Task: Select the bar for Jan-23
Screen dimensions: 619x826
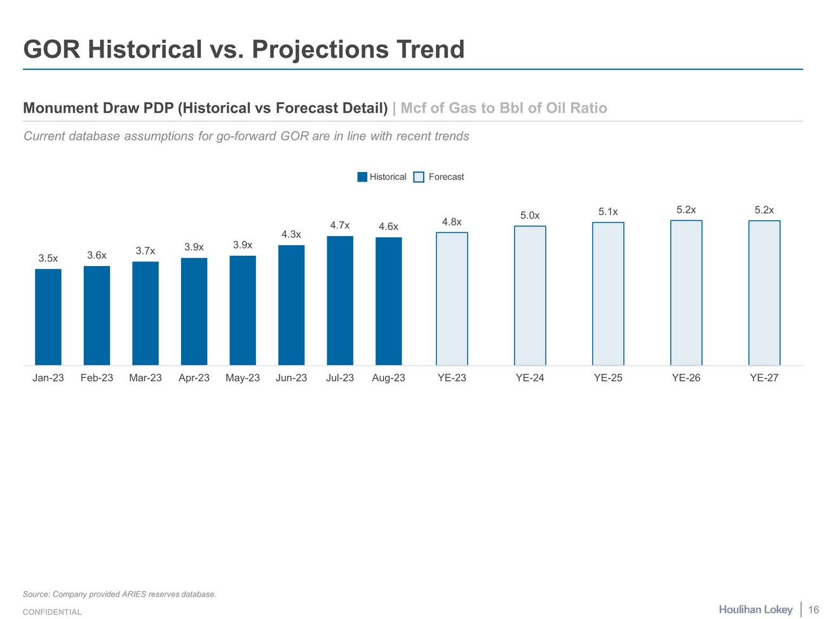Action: (x=48, y=317)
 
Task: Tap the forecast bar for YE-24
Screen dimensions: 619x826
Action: (x=530, y=295)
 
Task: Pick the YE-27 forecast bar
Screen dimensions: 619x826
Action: (x=764, y=293)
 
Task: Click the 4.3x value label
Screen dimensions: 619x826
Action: (x=291, y=234)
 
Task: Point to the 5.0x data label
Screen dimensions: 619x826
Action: (x=530, y=215)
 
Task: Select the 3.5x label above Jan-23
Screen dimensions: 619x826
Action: (x=48, y=258)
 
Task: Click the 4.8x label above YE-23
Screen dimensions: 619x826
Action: (x=452, y=222)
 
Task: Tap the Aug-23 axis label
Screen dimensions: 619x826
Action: (x=388, y=378)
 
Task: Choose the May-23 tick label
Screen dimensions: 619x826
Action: (x=243, y=378)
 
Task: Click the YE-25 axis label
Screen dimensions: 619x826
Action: (x=608, y=378)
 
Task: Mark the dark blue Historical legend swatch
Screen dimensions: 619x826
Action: (x=362, y=177)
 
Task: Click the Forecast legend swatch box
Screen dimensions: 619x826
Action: (x=419, y=177)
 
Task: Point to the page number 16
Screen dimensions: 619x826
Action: (x=813, y=610)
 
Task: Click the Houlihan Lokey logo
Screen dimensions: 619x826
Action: (x=755, y=609)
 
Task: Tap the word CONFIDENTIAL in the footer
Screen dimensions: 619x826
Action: (x=52, y=612)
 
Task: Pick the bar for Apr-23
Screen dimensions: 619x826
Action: (x=194, y=311)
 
